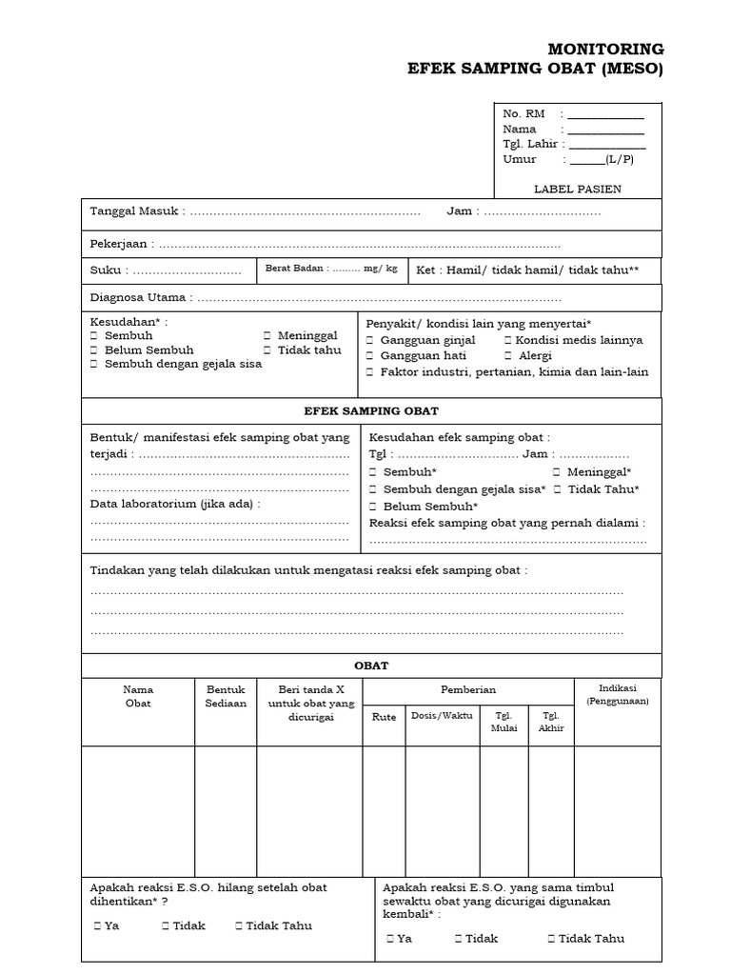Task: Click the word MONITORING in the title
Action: point(606,50)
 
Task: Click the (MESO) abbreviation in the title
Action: point(631,70)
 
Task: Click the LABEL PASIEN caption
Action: point(577,189)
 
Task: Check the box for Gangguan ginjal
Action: point(372,340)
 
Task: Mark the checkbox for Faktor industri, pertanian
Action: point(372,371)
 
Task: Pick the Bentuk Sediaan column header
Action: point(226,696)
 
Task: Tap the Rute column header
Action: point(384,717)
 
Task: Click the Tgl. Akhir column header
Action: point(551,722)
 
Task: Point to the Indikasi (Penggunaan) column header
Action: point(618,693)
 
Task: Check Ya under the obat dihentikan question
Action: point(98,925)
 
